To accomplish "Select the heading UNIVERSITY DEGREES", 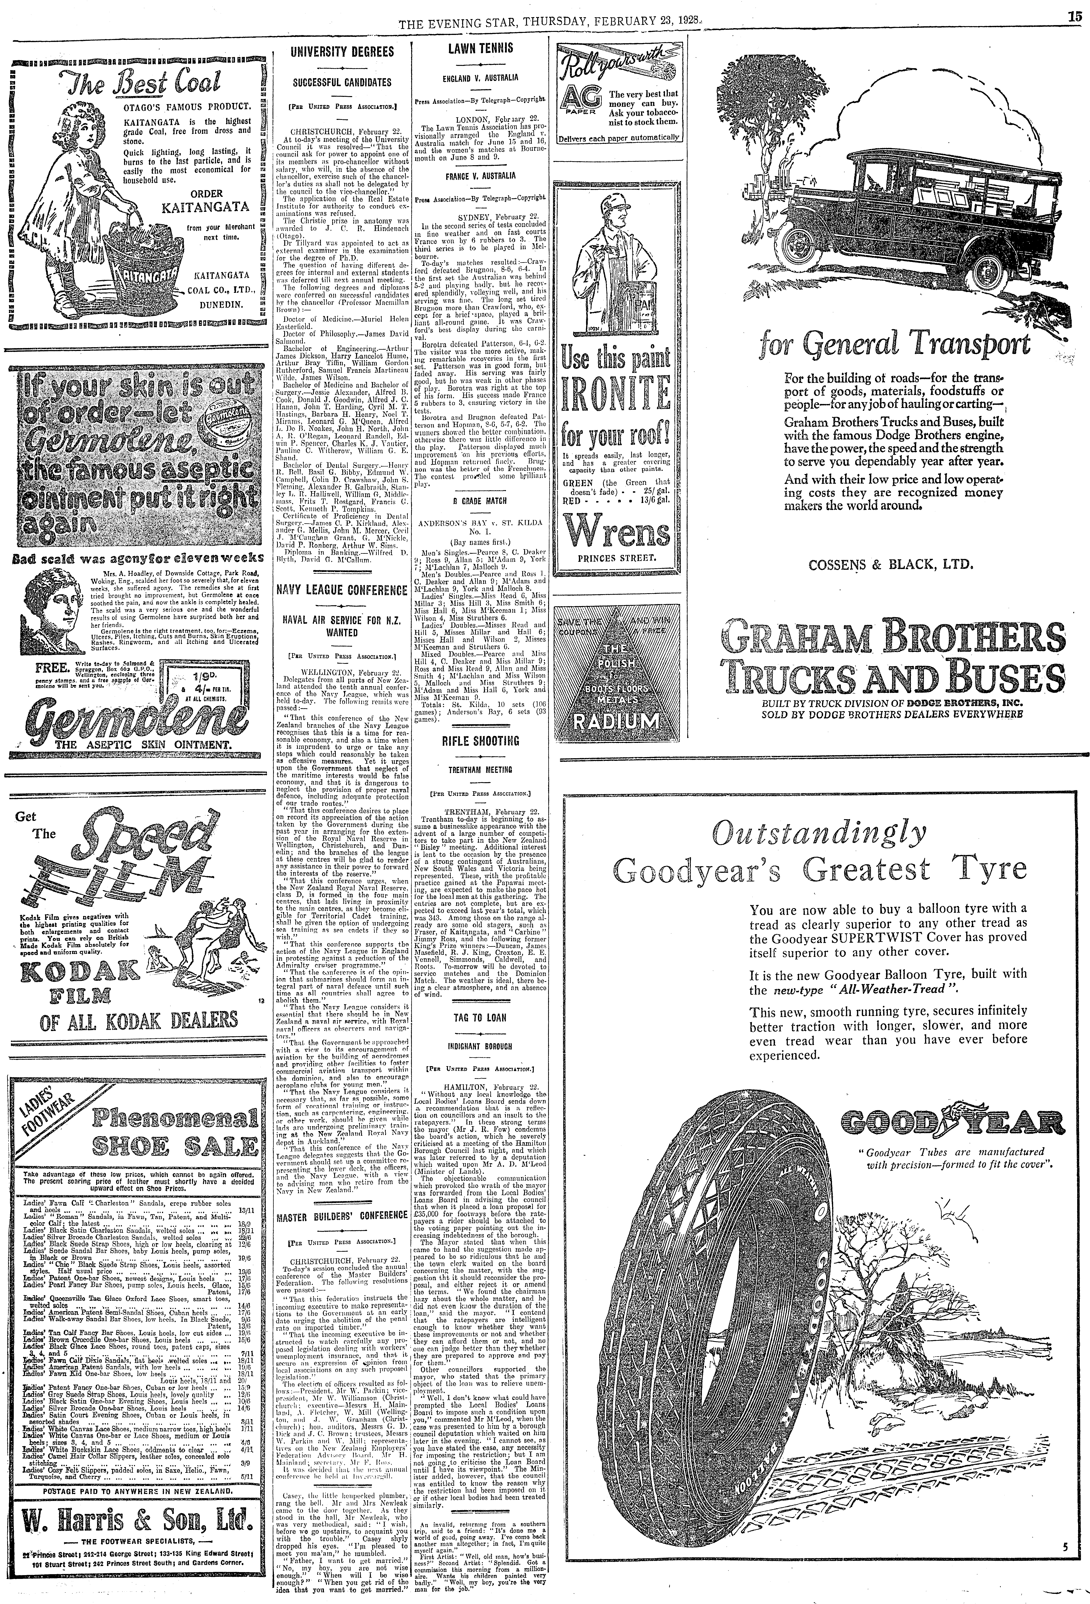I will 342,52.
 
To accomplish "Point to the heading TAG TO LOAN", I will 480,1017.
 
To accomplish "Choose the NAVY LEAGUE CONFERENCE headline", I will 342,590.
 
